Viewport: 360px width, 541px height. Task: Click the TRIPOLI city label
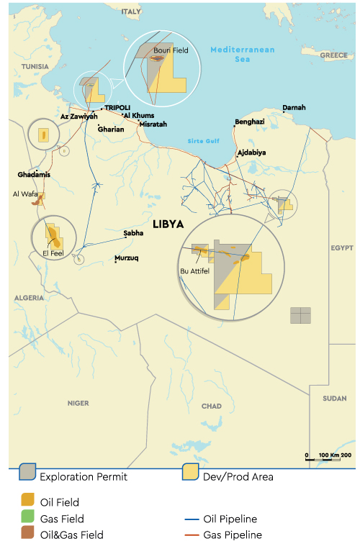[x=119, y=108]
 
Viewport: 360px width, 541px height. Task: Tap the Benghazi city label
[x=250, y=122]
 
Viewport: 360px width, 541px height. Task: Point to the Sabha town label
[x=133, y=233]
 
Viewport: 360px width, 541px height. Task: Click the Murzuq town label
[x=127, y=258]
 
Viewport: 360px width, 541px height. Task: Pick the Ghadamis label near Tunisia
[x=35, y=175]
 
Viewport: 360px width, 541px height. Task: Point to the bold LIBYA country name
[x=168, y=224]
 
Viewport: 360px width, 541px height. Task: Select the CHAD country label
[x=212, y=406]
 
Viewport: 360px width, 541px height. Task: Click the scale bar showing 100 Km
[x=328, y=456]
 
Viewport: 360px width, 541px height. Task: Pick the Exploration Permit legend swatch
[x=28, y=474]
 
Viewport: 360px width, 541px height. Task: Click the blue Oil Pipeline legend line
[x=192, y=519]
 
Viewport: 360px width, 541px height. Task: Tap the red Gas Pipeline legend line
[x=192, y=535]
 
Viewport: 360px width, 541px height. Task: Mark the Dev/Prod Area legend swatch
[x=191, y=474]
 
